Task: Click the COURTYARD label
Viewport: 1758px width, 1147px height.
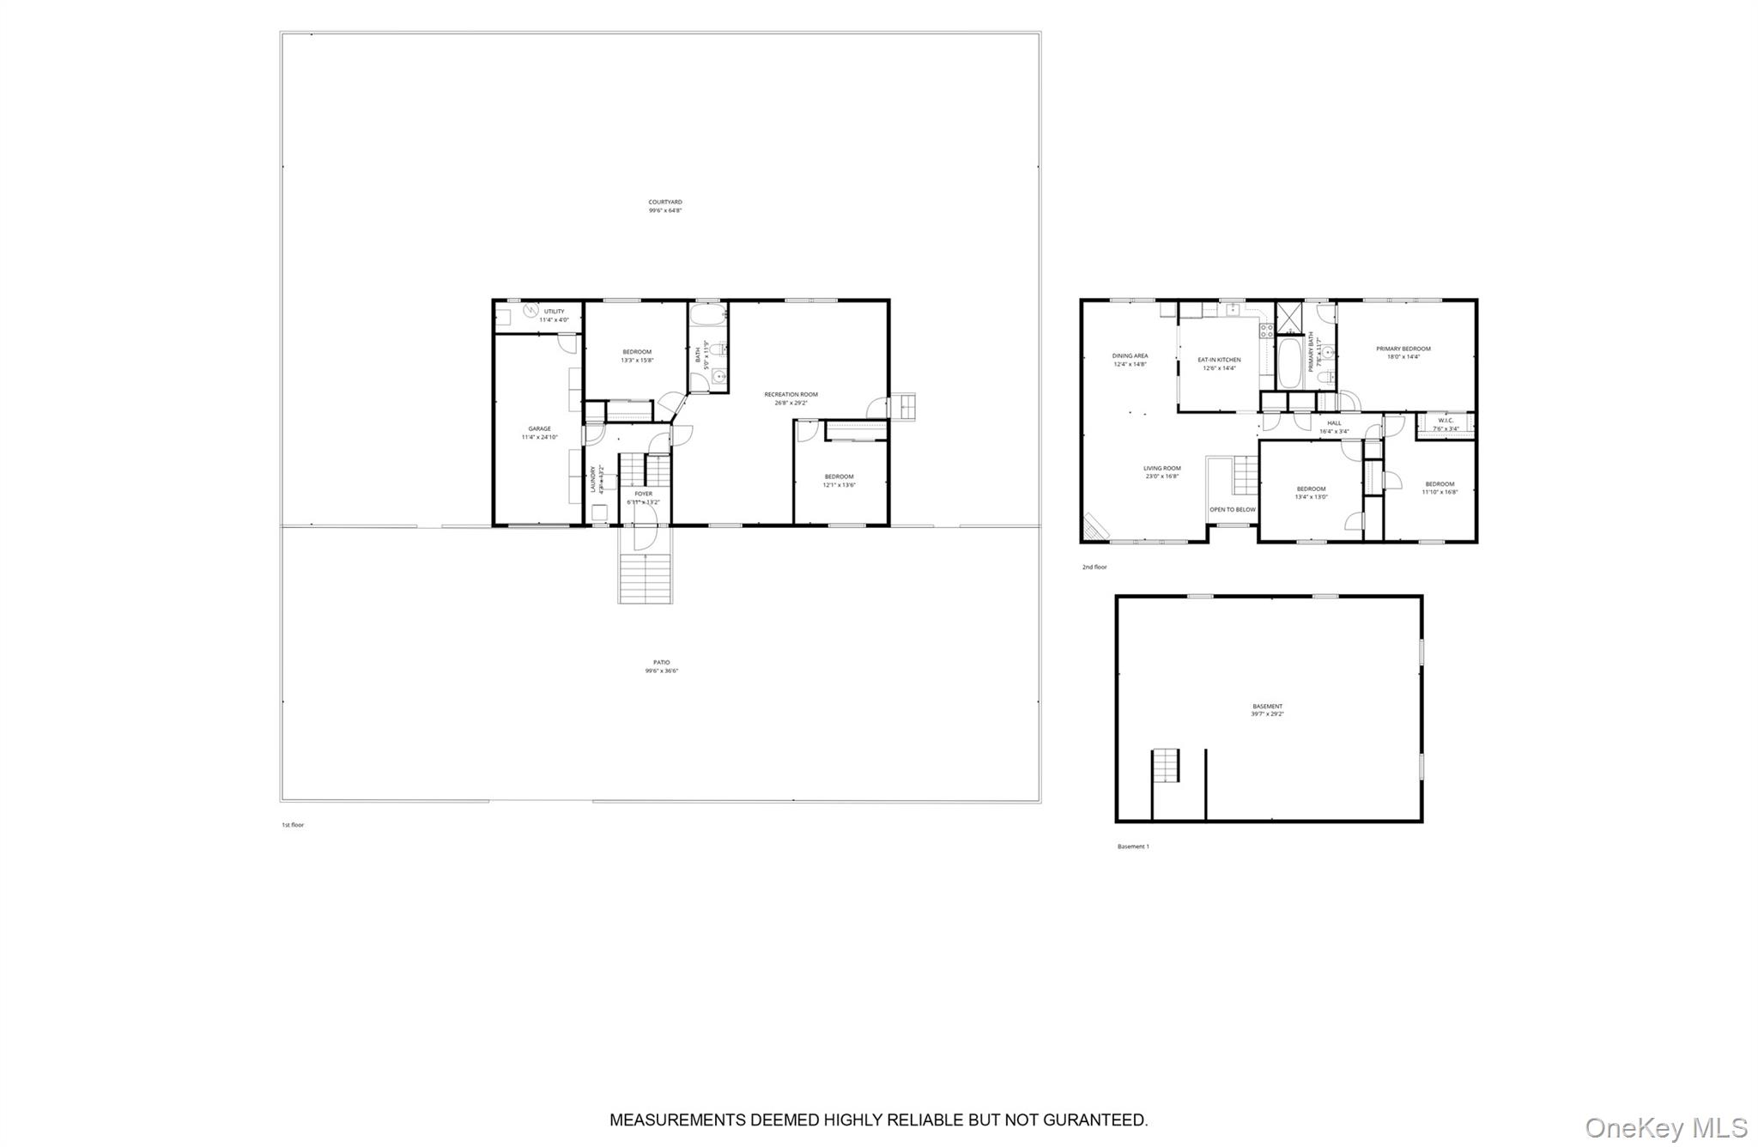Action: click(664, 203)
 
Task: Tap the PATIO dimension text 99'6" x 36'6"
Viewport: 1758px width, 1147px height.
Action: click(662, 671)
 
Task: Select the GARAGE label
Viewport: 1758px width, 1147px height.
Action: click(539, 428)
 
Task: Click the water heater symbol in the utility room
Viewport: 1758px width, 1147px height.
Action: click(530, 311)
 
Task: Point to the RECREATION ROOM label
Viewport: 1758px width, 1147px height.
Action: click(791, 394)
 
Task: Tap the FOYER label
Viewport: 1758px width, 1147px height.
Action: click(643, 494)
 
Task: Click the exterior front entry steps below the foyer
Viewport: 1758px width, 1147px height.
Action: click(645, 577)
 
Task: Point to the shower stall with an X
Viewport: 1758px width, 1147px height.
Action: click(1288, 318)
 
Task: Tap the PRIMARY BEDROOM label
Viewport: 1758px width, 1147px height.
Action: click(1403, 349)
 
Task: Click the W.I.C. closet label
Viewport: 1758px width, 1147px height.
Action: click(1446, 421)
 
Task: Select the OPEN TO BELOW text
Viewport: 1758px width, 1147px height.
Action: click(1232, 509)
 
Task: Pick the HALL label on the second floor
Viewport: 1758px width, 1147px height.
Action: click(1334, 423)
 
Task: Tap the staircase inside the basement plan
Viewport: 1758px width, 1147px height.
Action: click(1166, 764)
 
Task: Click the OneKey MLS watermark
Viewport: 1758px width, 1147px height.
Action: click(1665, 1126)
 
